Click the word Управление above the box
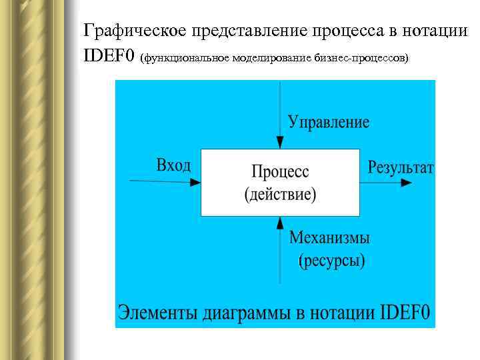pos(328,121)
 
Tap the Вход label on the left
pos(173,165)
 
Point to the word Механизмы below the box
pos(330,237)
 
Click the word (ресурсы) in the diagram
pos(331,259)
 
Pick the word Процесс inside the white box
pos(280,172)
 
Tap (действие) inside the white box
pos(280,195)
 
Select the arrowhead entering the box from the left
pos(195,182)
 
